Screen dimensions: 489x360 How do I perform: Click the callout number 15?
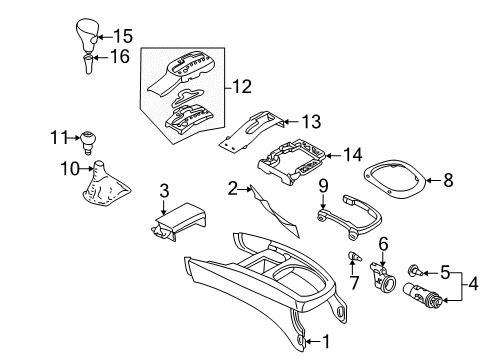click(x=123, y=36)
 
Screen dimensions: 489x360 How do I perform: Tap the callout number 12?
click(x=242, y=86)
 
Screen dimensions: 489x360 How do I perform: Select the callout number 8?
click(x=448, y=180)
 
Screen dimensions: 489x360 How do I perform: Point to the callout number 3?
click(x=164, y=191)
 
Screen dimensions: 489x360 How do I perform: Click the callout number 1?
click(x=326, y=342)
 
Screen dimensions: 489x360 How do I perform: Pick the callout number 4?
click(x=473, y=284)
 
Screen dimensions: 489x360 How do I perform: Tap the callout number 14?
click(x=353, y=155)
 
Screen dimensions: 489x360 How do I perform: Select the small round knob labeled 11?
click(x=86, y=143)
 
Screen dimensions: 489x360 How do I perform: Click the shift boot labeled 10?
click(x=103, y=185)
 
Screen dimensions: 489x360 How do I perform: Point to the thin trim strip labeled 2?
click(x=275, y=211)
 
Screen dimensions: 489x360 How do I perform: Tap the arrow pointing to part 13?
click(x=289, y=121)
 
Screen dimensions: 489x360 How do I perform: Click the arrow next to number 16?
click(x=101, y=57)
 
